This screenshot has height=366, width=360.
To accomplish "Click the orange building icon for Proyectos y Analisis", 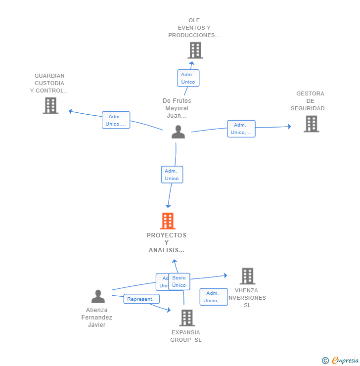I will [168, 221].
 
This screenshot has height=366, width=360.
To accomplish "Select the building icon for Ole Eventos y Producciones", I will [195, 50].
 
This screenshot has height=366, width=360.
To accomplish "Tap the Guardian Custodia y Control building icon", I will [50, 105].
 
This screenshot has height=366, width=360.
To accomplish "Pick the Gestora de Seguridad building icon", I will [311, 124].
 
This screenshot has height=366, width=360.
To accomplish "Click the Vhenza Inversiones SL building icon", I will [247, 276].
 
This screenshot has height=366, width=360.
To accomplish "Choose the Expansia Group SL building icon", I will [186, 318].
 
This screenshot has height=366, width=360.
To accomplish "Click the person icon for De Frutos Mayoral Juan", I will [178, 132].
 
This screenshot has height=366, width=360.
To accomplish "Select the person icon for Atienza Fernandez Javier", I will [98, 297].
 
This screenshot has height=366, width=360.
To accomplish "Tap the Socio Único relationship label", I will [179, 281].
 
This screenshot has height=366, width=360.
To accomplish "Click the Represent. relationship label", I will [141, 299].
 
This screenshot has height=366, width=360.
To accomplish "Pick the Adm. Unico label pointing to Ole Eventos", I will [188, 78].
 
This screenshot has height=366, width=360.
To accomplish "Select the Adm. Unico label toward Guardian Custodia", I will [116, 120].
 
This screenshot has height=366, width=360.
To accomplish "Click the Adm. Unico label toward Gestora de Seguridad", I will [241, 129].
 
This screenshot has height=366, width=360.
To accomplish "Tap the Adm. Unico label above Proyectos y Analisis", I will [172, 175].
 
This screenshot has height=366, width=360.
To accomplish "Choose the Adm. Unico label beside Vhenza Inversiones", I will [214, 297].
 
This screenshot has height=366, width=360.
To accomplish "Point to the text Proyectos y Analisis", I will [167, 242].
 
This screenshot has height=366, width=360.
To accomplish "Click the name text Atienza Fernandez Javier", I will [97, 318].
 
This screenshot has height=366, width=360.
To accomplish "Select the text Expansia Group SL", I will [186, 336].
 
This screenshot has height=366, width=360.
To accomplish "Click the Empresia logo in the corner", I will [340, 361].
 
